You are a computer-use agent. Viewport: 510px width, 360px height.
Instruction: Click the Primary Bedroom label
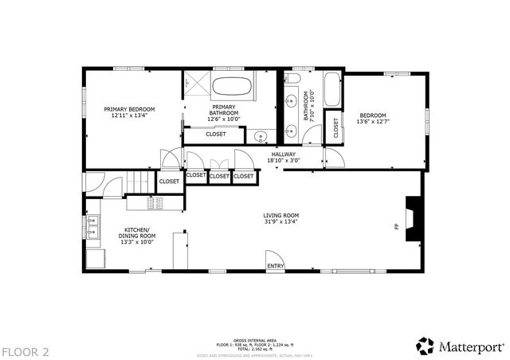click(129, 112)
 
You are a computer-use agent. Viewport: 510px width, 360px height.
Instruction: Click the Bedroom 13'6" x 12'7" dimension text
click(373, 120)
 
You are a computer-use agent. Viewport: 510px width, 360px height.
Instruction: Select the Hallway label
click(283, 158)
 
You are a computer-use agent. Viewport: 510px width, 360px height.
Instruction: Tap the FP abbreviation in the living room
click(396, 227)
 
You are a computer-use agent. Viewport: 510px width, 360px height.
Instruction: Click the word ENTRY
click(276, 266)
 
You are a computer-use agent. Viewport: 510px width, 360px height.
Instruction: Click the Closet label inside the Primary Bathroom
click(215, 134)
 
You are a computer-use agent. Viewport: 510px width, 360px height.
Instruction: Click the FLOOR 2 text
click(25, 351)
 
